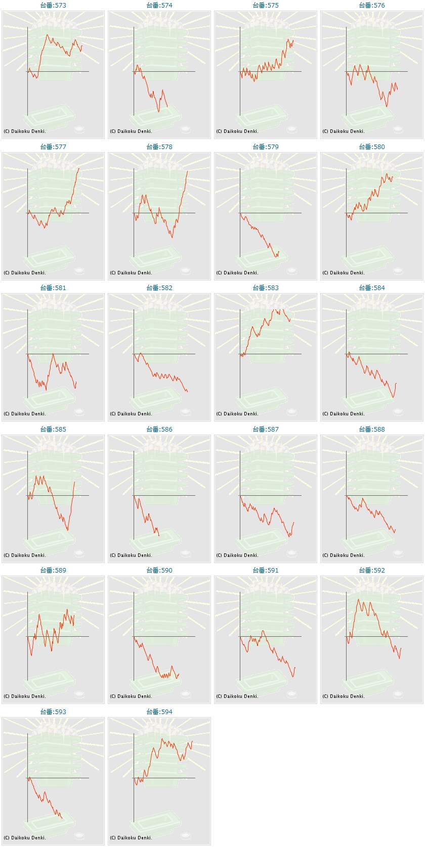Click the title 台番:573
pos(53,5)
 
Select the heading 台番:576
pos(372,5)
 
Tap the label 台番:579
pos(265,147)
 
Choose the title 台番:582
pos(159,288)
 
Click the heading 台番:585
pos(53,429)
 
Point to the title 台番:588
pos(372,429)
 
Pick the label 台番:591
pos(265,570)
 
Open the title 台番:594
pos(159,712)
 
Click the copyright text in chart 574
pos(131,131)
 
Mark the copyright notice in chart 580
pos(344,272)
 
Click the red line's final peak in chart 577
pos(79,168)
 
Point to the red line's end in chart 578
pos(187,171)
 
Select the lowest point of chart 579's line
pos(276,257)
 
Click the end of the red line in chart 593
pos(62,818)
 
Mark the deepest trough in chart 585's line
pos(67,530)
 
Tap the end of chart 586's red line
pos(159,536)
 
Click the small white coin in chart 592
pos(398,694)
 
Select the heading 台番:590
pos(159,570)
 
